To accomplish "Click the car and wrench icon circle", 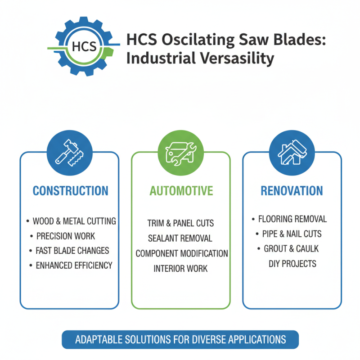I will point(180,153).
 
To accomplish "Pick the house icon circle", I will point(292,153).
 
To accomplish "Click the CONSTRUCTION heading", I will point(70,191).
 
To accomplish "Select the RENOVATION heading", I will point(292,191).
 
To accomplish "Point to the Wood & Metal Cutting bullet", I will point(74,221).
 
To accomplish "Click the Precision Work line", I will point(65,236).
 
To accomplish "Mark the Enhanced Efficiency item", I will point(74,265).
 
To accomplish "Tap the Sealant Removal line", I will point(180,238).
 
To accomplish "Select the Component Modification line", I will point(182,253).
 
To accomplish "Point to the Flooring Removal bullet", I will point(292,219).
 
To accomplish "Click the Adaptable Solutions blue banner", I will point(180,339).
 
